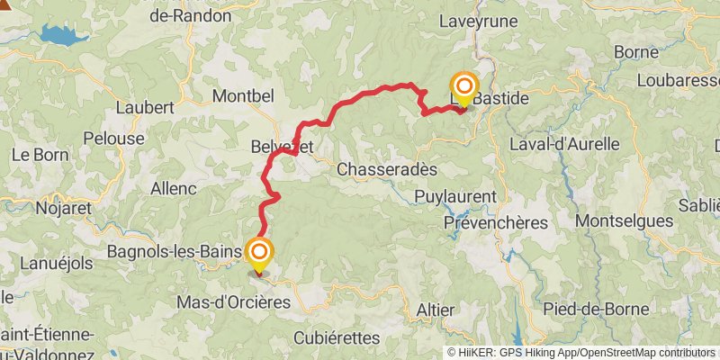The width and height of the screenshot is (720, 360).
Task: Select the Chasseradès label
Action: [386, 169]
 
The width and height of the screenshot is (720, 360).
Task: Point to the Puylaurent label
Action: [456, 196]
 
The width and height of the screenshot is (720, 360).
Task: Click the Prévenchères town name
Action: [496, 221]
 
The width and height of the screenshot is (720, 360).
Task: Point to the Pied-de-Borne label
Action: [596, 309]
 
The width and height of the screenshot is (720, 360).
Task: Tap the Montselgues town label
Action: [623, 220]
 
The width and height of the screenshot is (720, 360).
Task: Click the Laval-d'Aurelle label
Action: [564, 143]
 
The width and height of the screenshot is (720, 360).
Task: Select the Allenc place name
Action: [174, 188]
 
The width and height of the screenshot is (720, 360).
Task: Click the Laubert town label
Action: [145, 106]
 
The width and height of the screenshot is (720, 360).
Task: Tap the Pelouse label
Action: [112, 139]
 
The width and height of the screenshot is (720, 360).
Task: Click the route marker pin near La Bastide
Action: [464, 88]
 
